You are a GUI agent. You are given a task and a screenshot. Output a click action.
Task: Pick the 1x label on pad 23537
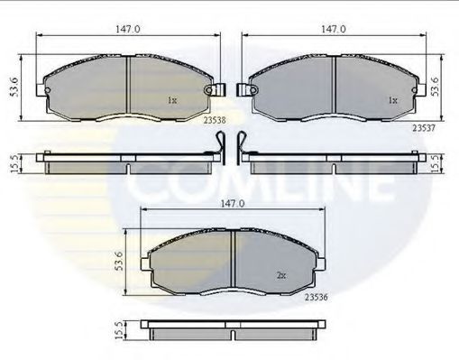pos(392,101)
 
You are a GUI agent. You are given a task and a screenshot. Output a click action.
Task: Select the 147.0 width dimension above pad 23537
pos(333,29)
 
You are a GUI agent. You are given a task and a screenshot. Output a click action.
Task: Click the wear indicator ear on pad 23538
pos(215,90)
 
